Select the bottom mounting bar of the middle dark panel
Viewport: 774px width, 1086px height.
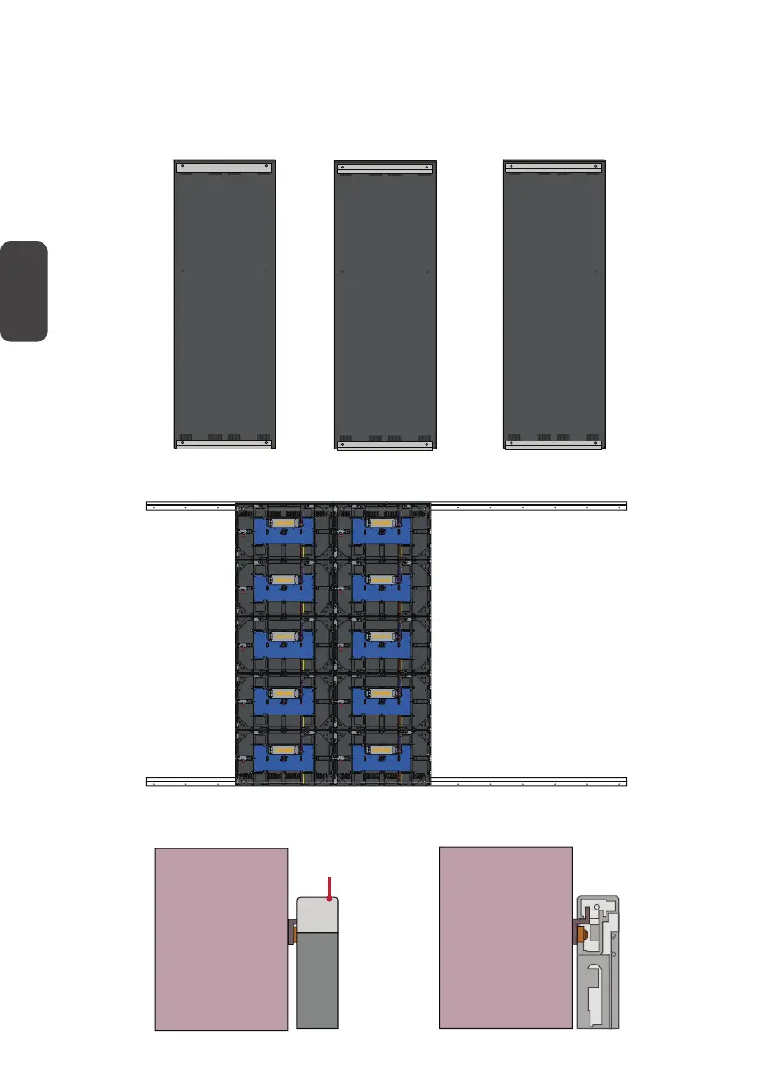[386, 445]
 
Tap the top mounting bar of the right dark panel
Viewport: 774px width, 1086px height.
[553, 166]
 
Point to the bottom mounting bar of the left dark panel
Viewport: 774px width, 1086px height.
[223, 446]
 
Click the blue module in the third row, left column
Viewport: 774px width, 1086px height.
[284, 643]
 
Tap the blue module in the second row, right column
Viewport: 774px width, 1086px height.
[382, 587]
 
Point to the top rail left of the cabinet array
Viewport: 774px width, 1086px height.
[190, 505]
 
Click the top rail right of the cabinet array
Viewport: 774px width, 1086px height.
[528, 505]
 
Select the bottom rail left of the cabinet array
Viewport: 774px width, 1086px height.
[190, 781]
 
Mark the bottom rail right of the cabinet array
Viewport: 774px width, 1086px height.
[528, 781]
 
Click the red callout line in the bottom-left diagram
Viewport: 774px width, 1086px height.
[330, 887]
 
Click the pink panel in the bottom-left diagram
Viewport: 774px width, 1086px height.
[222, 940]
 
